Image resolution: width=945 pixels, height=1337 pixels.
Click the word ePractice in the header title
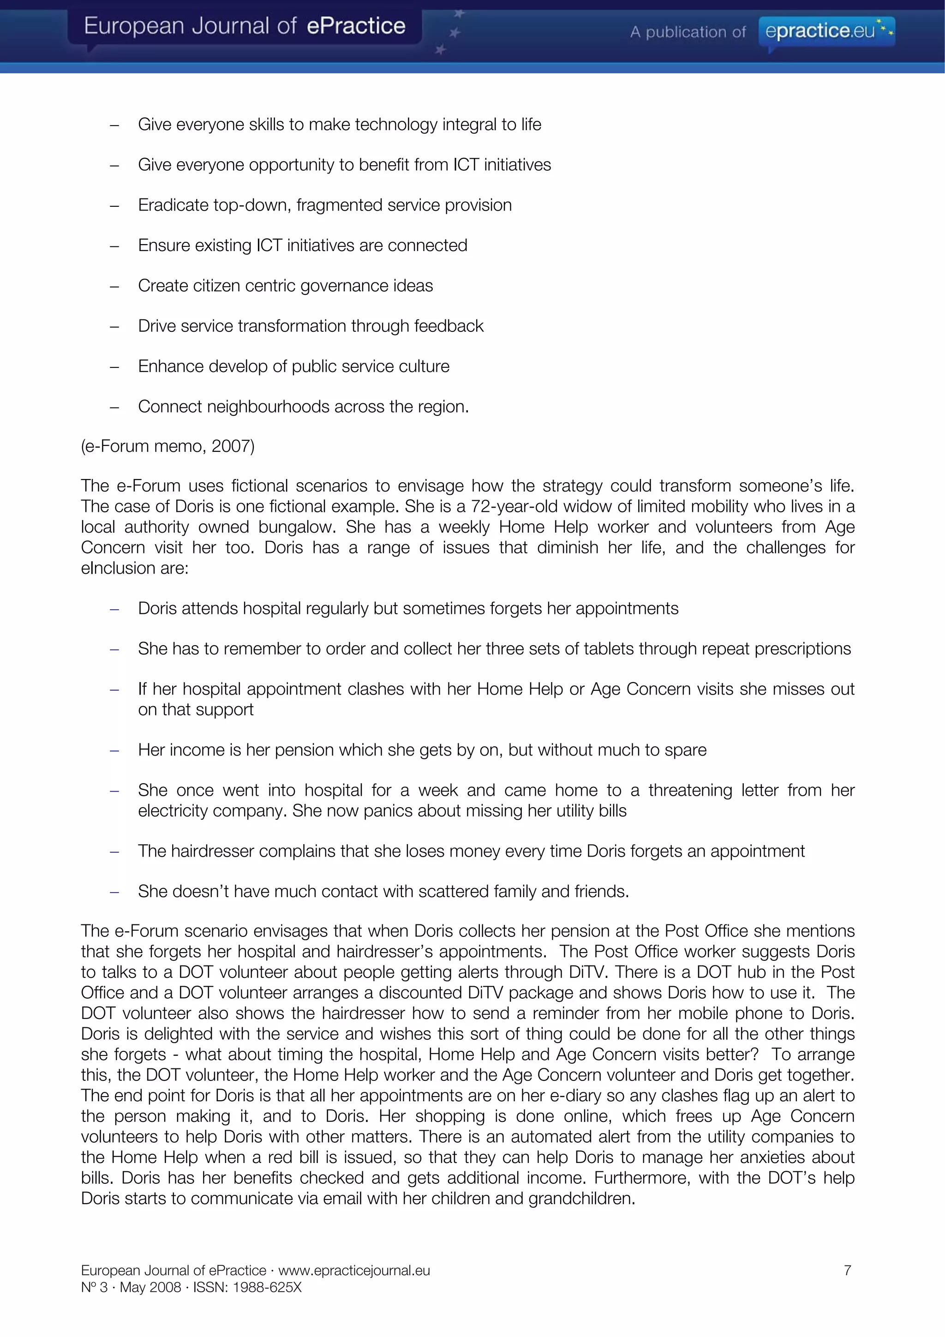coord(355,26)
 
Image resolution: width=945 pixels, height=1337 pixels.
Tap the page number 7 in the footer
coord(847,1270)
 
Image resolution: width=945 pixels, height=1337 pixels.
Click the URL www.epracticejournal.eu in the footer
coord(354,1271)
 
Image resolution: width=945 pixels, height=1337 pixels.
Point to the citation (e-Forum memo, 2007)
coord(167,446)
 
